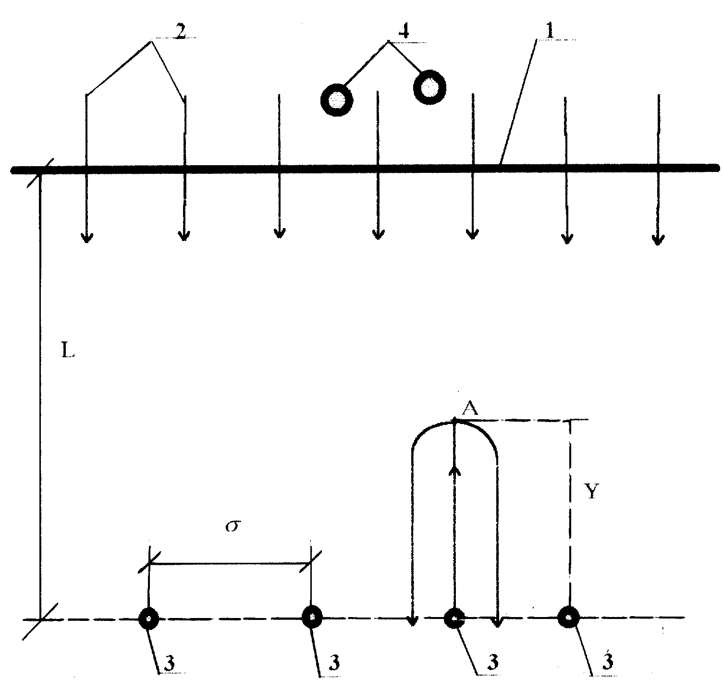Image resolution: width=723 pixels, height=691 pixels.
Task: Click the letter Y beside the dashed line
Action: [591, 491]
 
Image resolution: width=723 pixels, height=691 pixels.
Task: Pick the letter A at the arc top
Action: [470, 409]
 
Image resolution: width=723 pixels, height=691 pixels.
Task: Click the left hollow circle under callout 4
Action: [337, 100]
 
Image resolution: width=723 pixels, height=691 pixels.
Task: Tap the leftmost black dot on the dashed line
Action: [149, 618]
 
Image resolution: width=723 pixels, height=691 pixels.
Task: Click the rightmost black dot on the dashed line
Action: [568, 618]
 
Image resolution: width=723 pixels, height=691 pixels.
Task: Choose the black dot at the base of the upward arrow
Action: [454, 618]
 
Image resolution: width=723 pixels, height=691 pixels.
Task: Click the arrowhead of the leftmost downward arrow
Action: [86, 237]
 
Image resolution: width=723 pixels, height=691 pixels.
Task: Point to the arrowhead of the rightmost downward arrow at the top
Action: [658, 238]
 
